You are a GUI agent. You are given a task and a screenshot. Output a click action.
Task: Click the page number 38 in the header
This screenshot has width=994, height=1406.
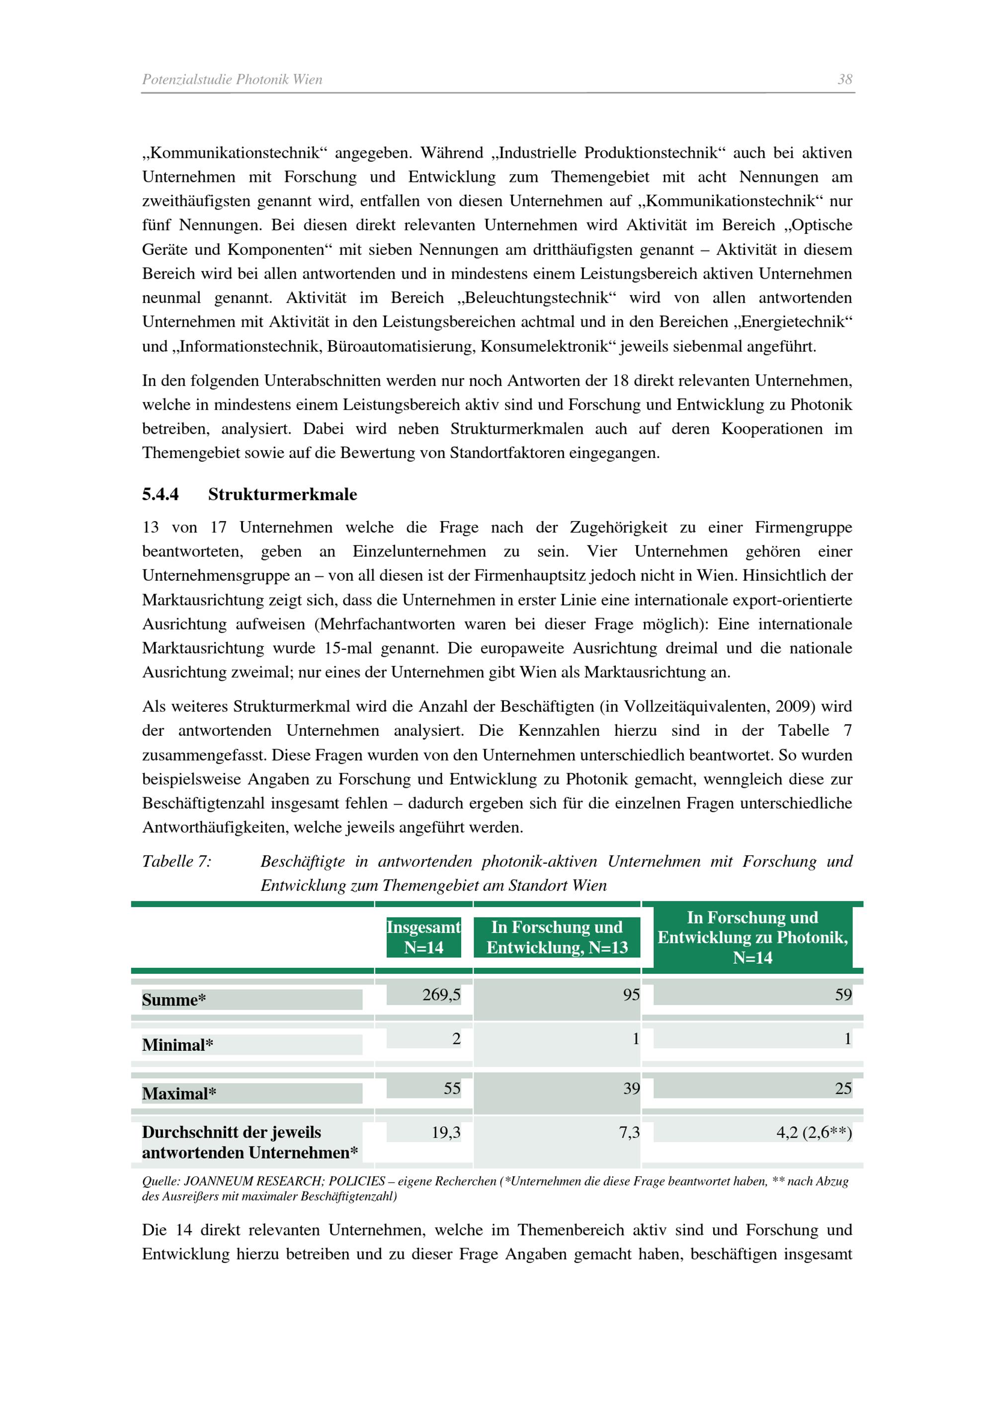click(844, 79)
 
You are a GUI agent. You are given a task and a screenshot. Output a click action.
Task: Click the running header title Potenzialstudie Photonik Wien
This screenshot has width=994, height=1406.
click(232, 79)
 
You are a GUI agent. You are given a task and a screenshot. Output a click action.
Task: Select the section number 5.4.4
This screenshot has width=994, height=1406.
click(161, 494)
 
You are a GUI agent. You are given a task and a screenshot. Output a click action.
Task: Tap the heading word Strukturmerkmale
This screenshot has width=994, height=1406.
click(282, 494)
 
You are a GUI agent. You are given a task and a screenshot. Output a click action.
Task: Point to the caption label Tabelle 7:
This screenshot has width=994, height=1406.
click(176, 861)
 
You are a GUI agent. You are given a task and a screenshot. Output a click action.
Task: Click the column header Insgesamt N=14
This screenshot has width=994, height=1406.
click(423, 937)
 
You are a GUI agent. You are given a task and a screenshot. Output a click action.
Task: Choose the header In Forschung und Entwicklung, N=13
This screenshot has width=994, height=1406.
click(557, 937)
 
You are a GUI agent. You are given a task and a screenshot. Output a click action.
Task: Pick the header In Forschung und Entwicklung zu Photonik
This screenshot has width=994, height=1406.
click(752, 937)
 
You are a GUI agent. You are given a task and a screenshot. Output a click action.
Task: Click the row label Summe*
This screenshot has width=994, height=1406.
click(174, 1000)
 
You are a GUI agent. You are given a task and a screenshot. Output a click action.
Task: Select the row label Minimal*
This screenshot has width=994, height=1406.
click(177, 1045)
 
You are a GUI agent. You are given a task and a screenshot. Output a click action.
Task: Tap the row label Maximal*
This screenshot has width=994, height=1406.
click(179, 1094)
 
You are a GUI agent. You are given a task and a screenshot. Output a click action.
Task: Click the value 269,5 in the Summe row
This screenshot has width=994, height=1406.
click(441, 995)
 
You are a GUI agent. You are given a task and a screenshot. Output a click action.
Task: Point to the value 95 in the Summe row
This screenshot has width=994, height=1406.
click(631, 995)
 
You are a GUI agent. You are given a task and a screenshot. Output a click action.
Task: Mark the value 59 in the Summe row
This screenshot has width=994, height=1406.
click(843, 995)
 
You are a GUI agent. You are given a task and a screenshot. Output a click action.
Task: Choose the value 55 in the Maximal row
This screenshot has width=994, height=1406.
click(452, 1088)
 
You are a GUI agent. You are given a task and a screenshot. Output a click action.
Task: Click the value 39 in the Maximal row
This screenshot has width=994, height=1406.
click(631, 1088)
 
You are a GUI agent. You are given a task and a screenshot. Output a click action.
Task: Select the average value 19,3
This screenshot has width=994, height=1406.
click(445, 1133)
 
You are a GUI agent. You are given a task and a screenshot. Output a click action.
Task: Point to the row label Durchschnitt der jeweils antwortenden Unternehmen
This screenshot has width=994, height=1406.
click(249, 1143)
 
